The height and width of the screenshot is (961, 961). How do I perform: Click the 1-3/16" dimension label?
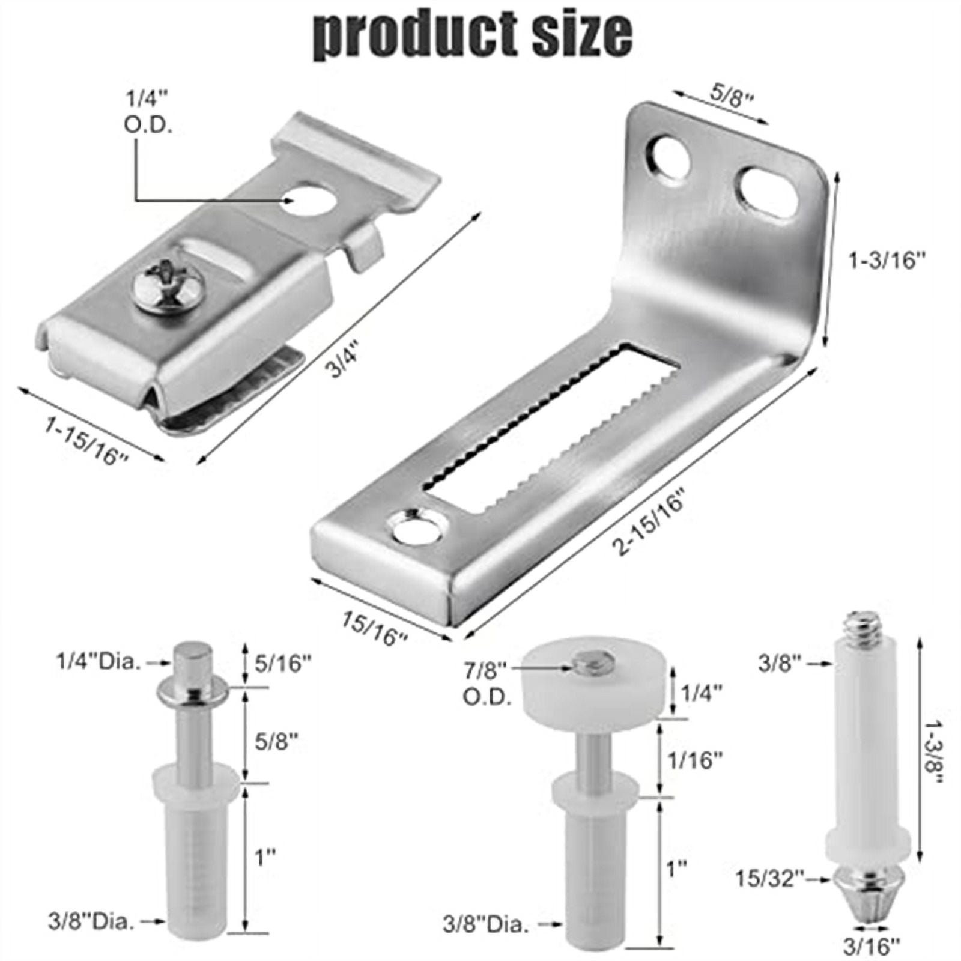(x=887, y=261)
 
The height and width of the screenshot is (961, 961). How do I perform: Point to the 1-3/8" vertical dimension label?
(x=935, y=759)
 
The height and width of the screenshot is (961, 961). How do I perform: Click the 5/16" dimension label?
(x=282, y=664)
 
